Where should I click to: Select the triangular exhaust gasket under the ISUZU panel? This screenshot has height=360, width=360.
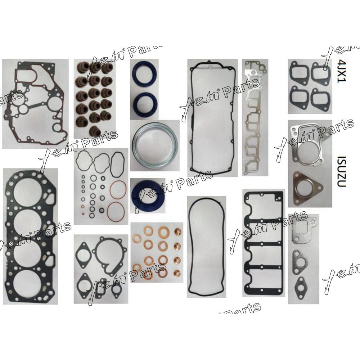(x=305, y=188)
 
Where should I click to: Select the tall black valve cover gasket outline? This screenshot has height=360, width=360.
(x=212, y=115)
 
